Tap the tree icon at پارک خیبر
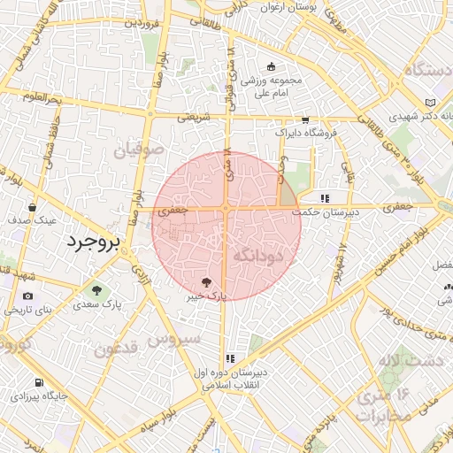tap(206, 282)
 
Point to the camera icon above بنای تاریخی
tap(27, 296)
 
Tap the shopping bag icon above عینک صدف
tap(32, 207)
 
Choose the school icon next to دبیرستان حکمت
tap(325, 198)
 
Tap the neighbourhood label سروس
tap(174, 338)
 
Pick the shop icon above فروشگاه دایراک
tap(305, 120)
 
